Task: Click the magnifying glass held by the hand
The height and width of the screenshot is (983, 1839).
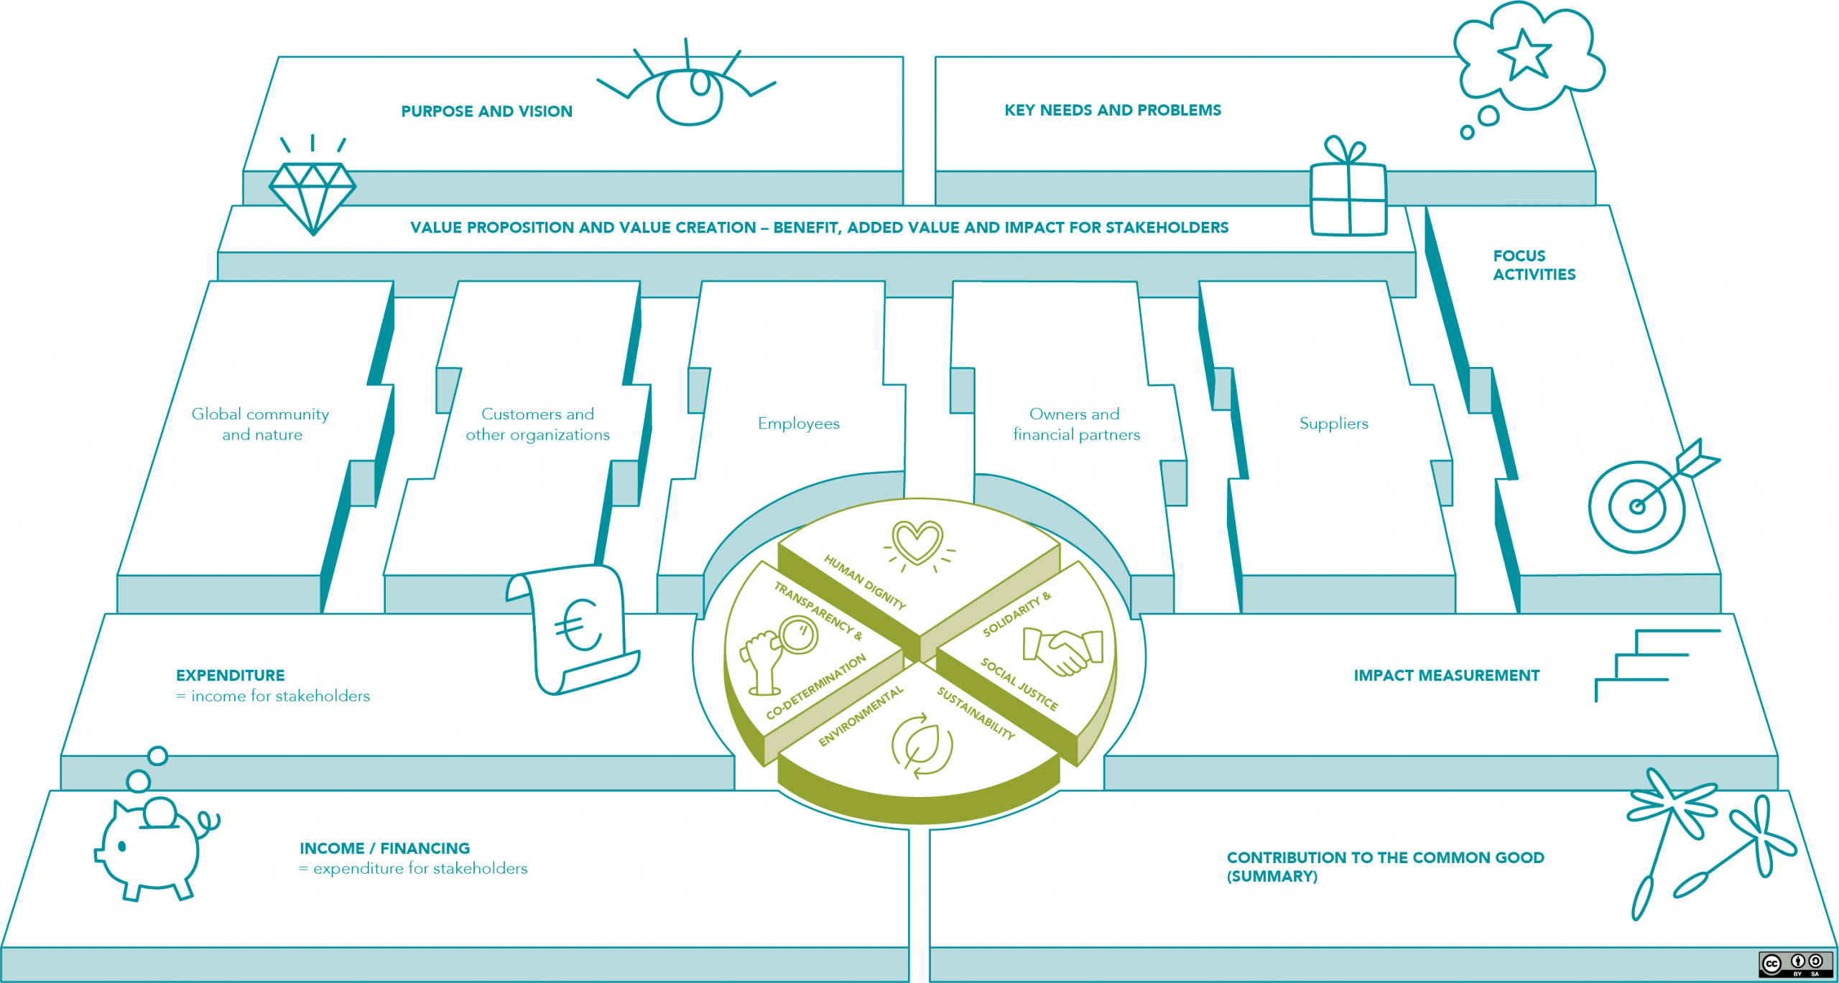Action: (x=797, y=635)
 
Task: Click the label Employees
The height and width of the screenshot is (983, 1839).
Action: (x=799, y=424)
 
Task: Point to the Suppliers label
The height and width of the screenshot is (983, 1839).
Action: (x=1334, y=424)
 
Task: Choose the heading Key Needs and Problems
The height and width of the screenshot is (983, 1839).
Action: (x=1113, y=110)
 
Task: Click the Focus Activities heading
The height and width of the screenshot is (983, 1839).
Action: (x=1534, y=265)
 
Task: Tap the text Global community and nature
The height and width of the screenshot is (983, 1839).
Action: (x=261, y=424)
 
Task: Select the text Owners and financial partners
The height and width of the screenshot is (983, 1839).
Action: (x=1076, y=424)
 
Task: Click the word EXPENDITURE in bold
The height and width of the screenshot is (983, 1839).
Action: (x=231, y=676)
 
